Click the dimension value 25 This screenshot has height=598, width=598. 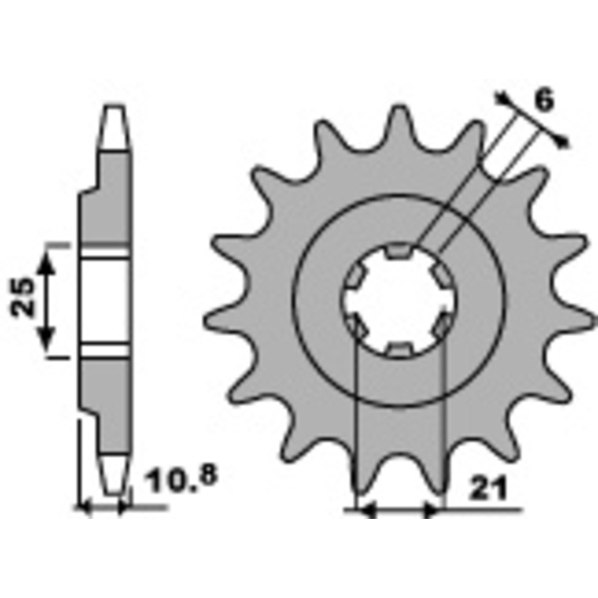[x=23, y=298]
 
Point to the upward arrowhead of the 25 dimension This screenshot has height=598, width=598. [x=48, y=260]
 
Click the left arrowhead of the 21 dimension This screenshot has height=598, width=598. [x=365, y=511]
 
